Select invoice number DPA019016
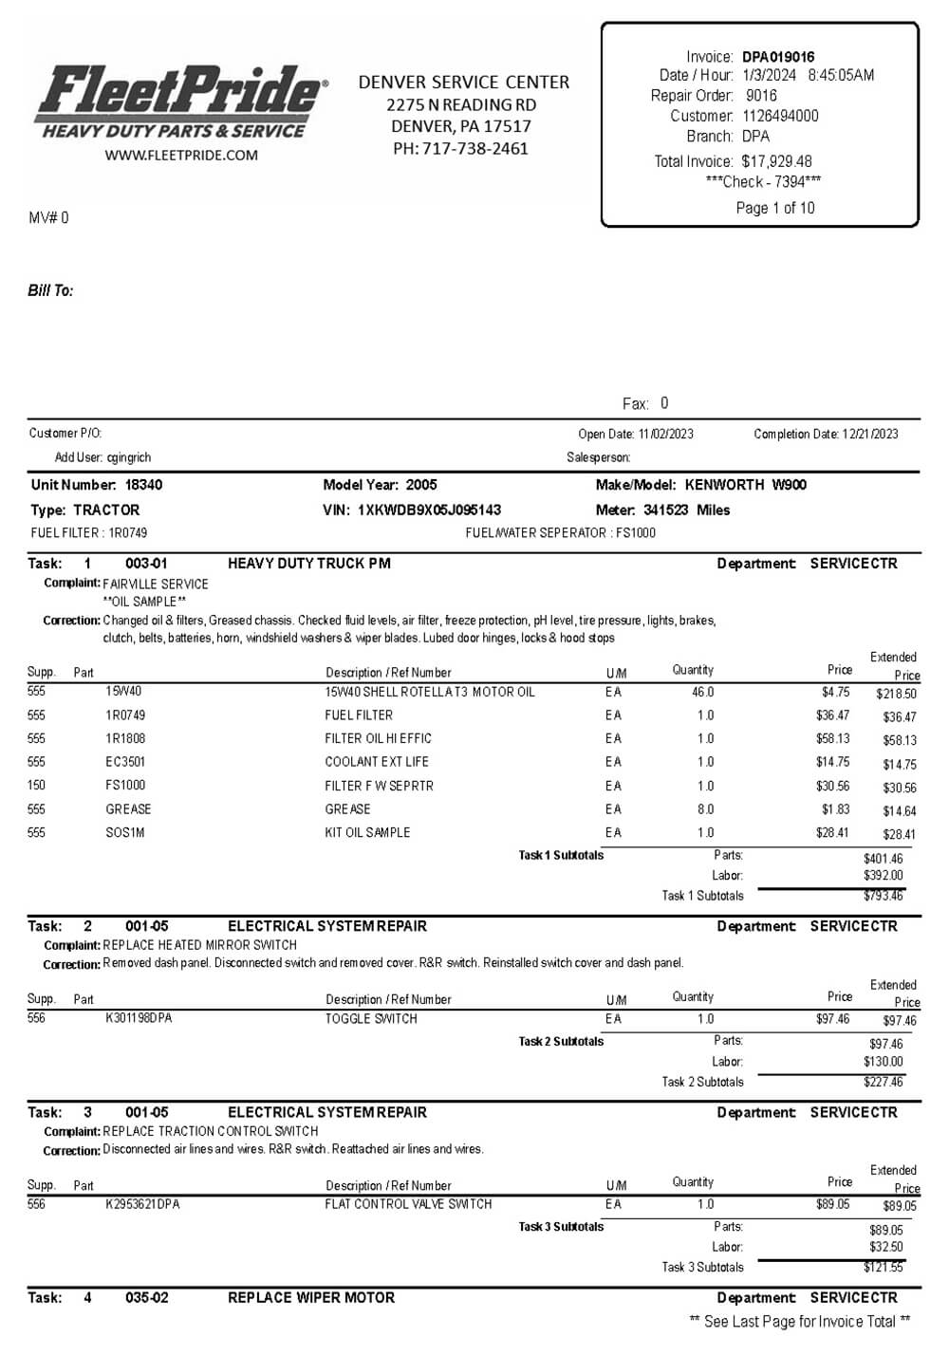(778, 57)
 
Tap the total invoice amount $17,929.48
(776, 161)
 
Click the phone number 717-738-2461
(474, 148)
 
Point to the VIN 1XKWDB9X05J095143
(429, 510)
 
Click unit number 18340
(144, 485)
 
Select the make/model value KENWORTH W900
(745, 485)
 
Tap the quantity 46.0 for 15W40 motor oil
(703, 692)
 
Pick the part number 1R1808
(125, 738)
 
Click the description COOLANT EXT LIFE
(377, 762)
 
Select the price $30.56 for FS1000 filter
(832, 786)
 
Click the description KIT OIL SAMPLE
(367, 832)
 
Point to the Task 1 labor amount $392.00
(884, 876)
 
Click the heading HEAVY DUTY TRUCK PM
(309, 564)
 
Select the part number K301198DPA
(139, 1018)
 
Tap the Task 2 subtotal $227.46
(884, 1082)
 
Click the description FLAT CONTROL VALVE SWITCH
(408, 1204)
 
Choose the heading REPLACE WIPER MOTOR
(311, 1297)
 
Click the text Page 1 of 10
(775, 208)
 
